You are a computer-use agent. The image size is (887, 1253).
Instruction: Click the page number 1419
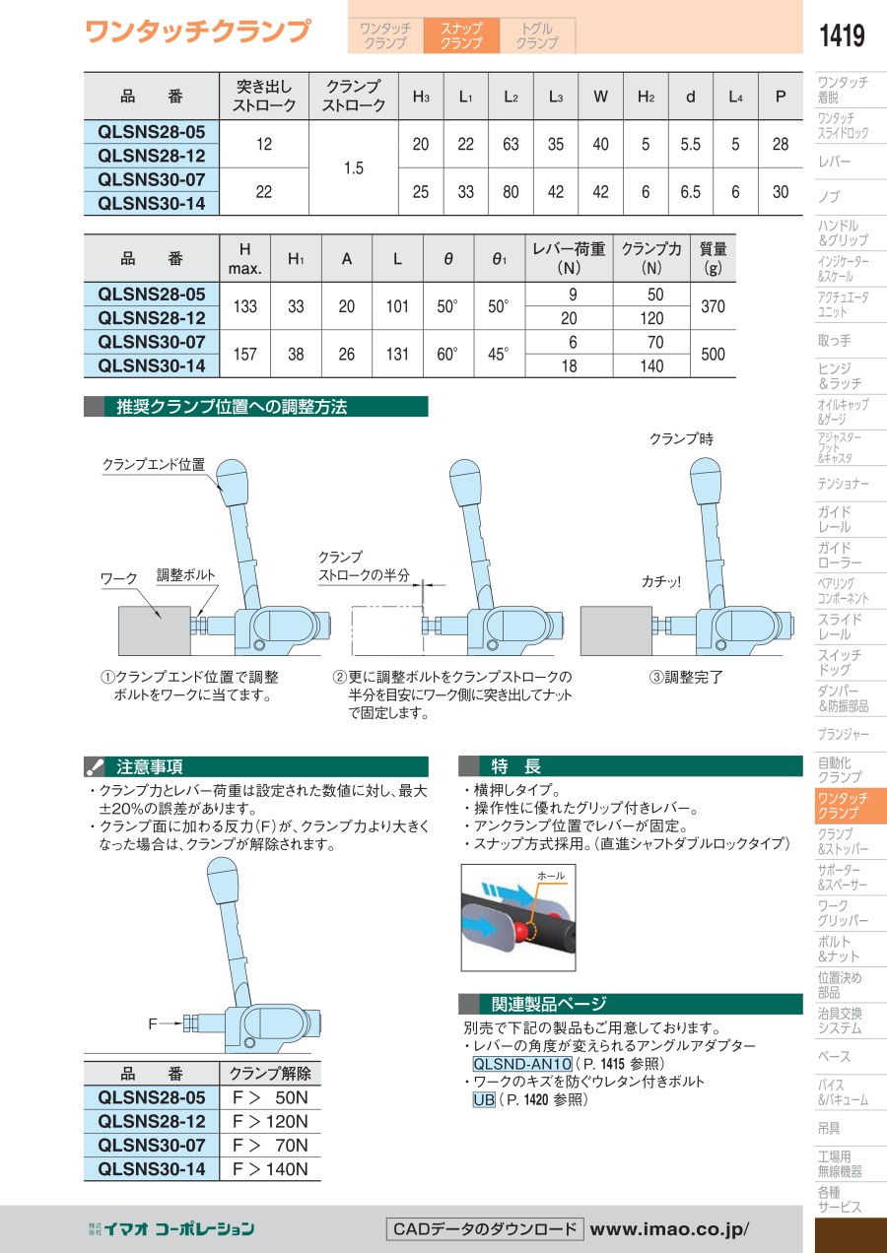(842, 35)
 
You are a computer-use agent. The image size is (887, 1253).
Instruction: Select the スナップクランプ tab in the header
(461, 35)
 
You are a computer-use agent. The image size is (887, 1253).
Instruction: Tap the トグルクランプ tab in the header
(537, 35)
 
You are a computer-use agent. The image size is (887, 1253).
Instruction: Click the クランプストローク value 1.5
(354, 167)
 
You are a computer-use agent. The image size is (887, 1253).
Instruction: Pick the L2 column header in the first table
(511, 97)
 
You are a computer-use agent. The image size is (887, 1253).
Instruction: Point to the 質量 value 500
(713, 354)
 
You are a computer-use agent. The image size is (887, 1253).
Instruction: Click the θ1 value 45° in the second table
(498, 354)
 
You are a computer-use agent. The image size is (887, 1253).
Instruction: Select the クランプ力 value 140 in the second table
(651, 366)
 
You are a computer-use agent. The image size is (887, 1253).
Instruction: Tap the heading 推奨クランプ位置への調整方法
(232, 407)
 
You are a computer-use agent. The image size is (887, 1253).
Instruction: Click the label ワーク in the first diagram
(118, 578)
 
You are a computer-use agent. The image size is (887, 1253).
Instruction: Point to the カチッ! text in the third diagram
(661, 582)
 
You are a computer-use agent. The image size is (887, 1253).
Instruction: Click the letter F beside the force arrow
(152, 1024)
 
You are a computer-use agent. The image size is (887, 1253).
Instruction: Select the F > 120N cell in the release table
(270, 1122)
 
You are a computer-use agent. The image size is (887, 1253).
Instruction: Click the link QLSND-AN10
(522, 1063)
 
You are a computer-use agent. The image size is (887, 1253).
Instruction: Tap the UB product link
(484, 1099)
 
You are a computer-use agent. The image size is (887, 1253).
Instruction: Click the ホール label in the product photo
(551, 876)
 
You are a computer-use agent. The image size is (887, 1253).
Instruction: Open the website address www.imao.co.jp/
(669, 1229)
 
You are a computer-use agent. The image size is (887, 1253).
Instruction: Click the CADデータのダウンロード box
(485, 1228)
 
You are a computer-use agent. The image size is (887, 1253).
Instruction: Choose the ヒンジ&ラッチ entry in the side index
(840, 376)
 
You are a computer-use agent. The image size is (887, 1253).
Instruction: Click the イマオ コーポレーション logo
(171, 1229)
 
